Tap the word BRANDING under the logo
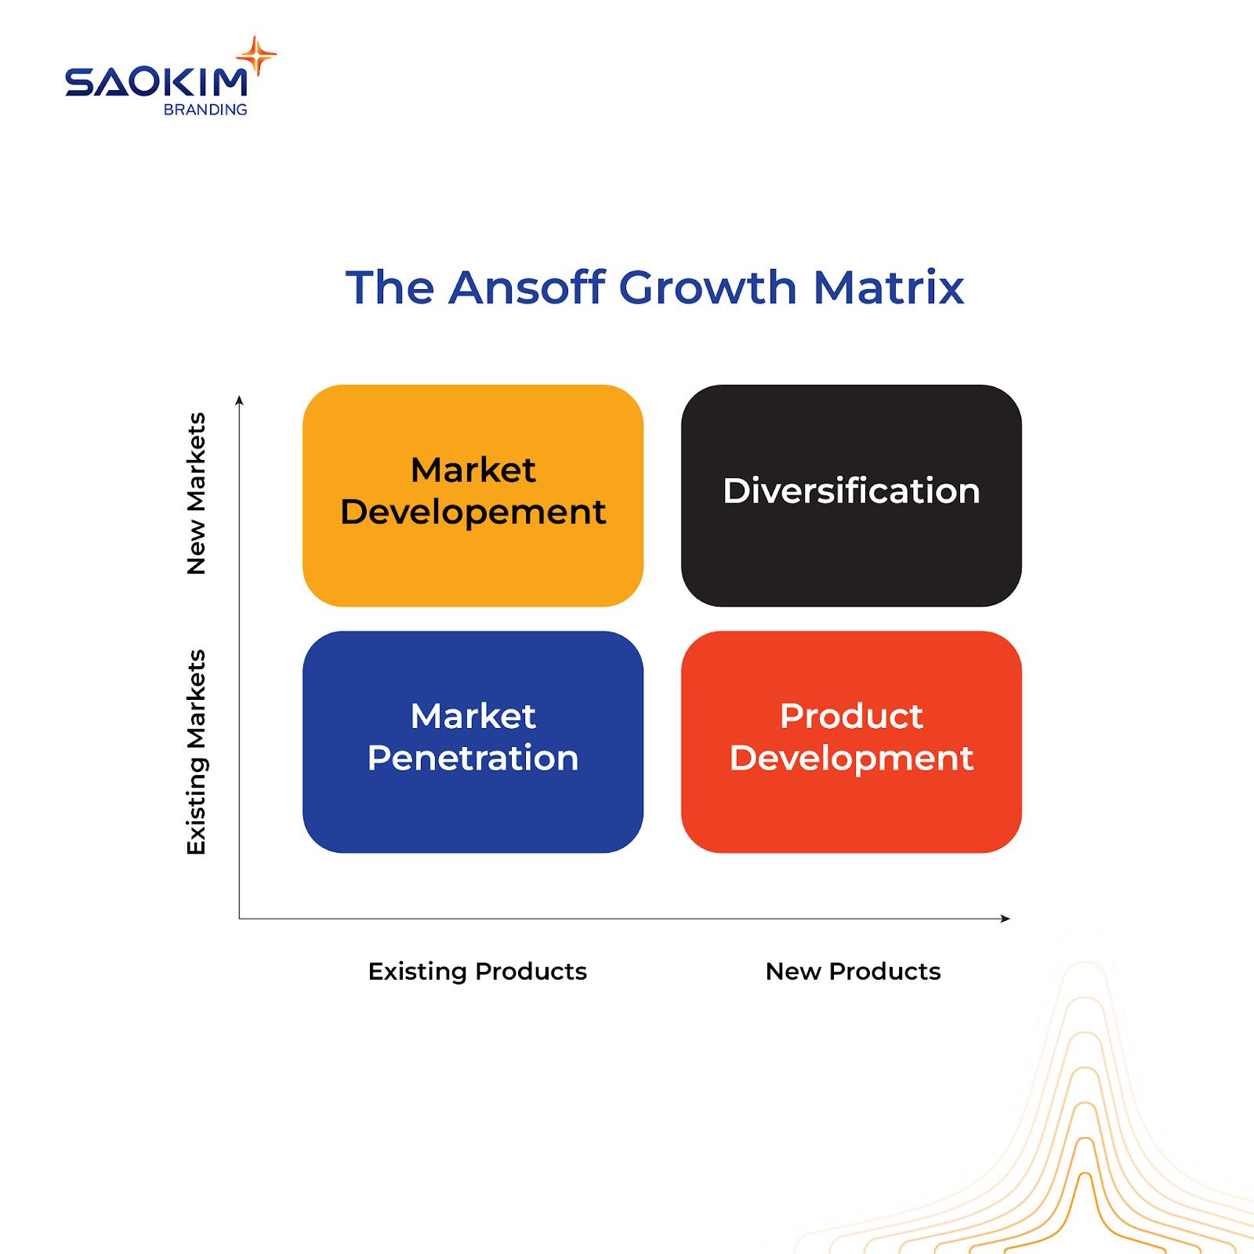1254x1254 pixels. click(x=205, y=110)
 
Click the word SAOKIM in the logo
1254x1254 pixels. click(x=157, y=82)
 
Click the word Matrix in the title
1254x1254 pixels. click(x=889, y=287)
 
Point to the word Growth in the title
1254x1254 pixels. click(x=708, y=287)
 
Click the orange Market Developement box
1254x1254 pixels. click(x=473, y=495)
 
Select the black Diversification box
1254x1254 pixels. click(x=851, y=495)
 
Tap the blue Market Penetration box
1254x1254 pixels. click(x=473, y=741)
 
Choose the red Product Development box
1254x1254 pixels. click(x=851, y=741)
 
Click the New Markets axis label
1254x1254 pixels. click(x=196, y=494)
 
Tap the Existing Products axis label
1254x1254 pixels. click(x=477, y=972)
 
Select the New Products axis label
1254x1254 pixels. click(x=853, y=972)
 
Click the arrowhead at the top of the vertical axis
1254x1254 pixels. click(x=239, y=400)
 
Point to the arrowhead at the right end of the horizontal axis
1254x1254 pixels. click(x=1006, y=918)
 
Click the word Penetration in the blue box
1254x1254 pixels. click(x=473, y=758)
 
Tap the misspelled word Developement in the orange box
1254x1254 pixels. click(x=473, y=513)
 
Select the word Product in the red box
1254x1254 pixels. click(x=851, y=716)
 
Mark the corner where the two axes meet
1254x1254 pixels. click(x=239, y=918)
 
